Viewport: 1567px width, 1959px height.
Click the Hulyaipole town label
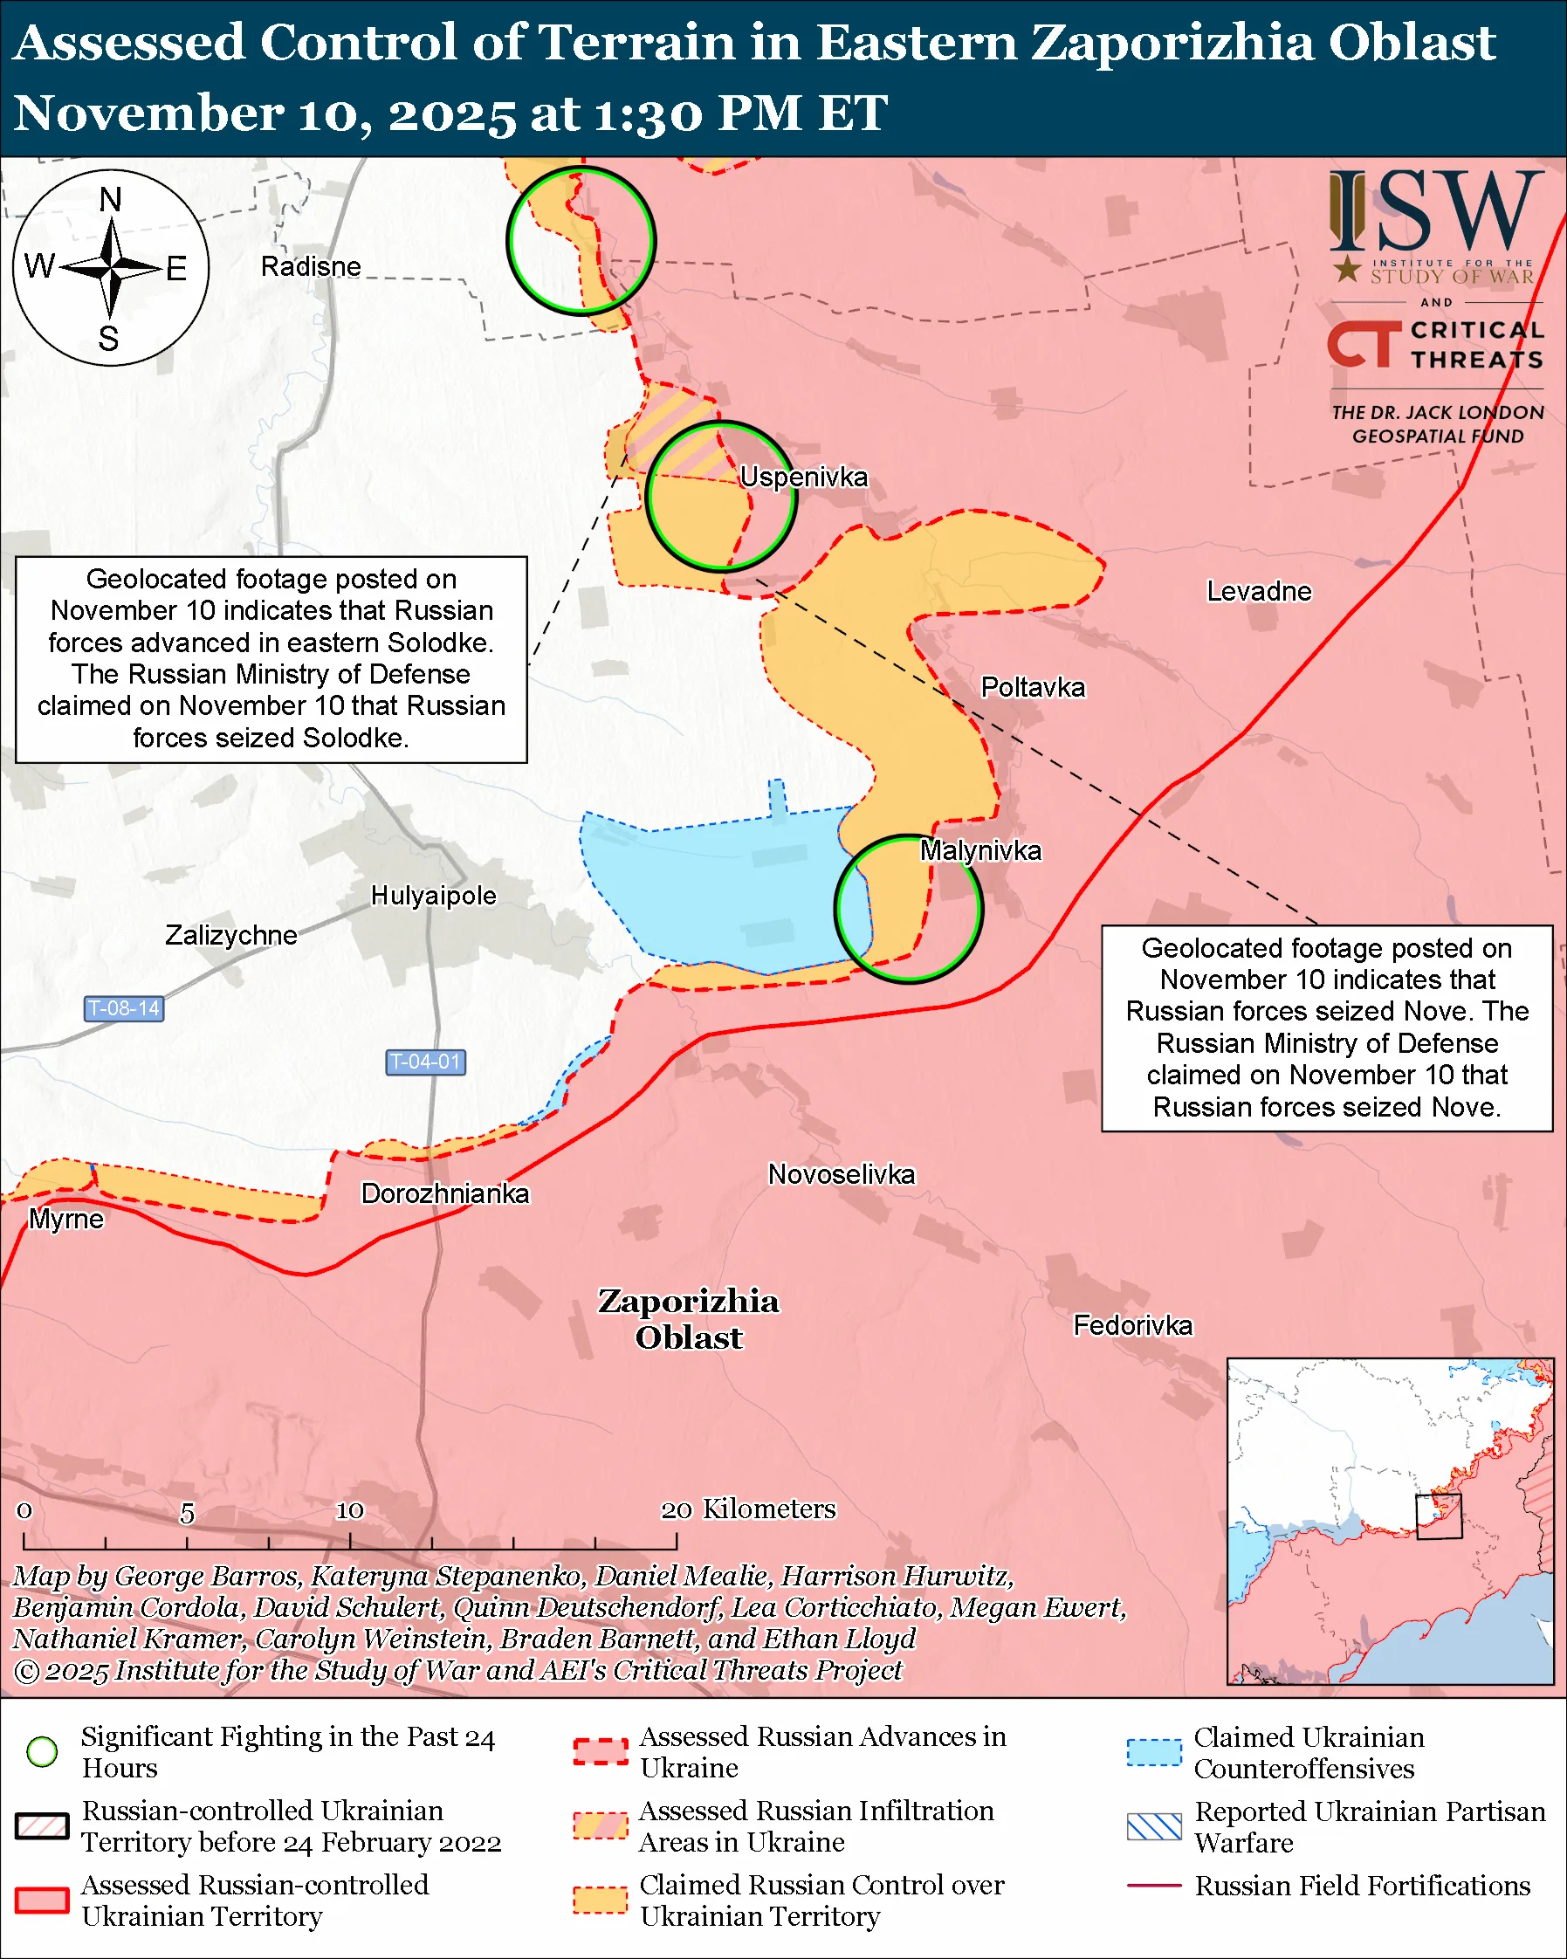pyautogui.click(x=433, y=895)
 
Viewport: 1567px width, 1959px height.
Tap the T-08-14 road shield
pyautogui.click(x=124, y=1007)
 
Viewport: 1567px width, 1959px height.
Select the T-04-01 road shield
pyautogui.click(x=425, y=1062)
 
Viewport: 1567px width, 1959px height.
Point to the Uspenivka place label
pyautogui.click(x=803, y=476)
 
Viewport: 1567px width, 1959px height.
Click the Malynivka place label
pyautogui.click(x=980, y=850)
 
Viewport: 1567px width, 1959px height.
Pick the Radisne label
pyautogui.click(x=311, y=266)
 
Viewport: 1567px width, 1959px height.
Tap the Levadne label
pyautogui.click(x=1258, y=591)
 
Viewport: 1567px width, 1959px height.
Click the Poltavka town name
pyautogui.click(x=1033, y=687)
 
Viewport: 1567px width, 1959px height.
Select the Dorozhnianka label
pyautogui.click(x=444, y=1193)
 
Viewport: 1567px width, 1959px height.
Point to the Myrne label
pyautogui.click(x=66, y=1219)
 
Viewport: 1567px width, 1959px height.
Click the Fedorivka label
pyautogui.click(x=1133, y=1325)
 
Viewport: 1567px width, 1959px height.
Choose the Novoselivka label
pyautogui.click(x=842, y=1174)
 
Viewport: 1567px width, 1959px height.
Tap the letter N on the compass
pyautogui.click(x=110, y=199)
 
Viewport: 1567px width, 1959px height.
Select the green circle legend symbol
pyautogui.click(x=42, y=1751)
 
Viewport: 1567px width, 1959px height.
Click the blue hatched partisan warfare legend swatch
pyautogui.click(x=1154, y=1826)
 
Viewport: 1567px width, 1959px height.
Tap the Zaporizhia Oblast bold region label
pyautogui.click(x=688, y=1318)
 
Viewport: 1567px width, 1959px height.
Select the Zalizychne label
pyautogui.click(x=230, y=935)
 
